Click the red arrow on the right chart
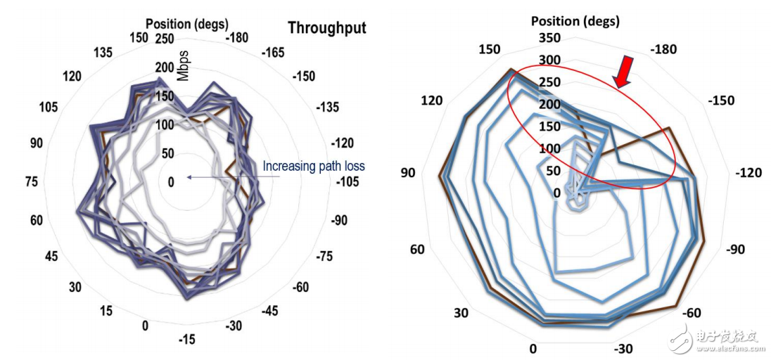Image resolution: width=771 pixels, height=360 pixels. pyautogui.click(x=623, y=73)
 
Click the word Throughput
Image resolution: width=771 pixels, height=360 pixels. pyautogui.click(x=326, y=28)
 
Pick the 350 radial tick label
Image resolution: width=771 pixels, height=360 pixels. pyautogui.click(x=550, y=37)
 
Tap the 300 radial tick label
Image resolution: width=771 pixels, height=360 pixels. pyautogui.click(x=550, y=60)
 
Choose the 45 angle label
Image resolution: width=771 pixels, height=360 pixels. pyautogui.click(x=51, y=256)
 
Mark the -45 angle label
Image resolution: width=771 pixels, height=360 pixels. pyautogui.click(x=271, y=311)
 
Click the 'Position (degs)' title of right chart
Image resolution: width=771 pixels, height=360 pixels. pyautogui.click(x=575, y=21)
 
